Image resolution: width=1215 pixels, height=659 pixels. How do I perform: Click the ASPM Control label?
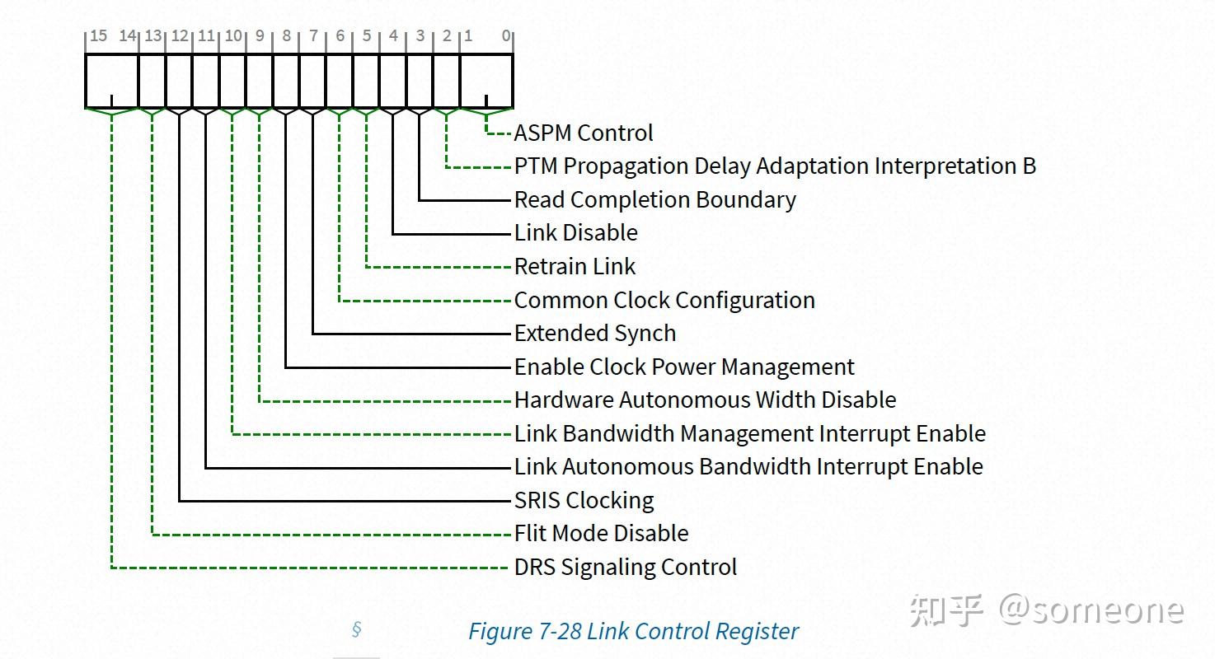tap(584, 133)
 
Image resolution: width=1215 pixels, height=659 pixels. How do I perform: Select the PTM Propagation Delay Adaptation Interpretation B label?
tap(775, 166)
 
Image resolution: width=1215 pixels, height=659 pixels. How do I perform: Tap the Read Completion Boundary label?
tap(655, 200)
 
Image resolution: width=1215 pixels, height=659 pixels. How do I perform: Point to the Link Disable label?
tap(576, 233)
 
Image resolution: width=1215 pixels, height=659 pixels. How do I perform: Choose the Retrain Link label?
tap(575, 267)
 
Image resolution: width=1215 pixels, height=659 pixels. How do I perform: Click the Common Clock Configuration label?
tap(664, 300)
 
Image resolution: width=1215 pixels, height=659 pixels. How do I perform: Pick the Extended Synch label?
tap(595, 334)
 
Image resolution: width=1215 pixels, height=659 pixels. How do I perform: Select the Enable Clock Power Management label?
tap(684, 367)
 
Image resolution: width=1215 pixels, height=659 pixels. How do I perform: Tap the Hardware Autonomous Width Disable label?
tap(705, 400)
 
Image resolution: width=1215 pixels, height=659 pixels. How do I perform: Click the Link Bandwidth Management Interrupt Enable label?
tap(750, 433)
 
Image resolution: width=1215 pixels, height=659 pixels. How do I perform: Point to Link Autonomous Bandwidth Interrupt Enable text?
tap(748, 467)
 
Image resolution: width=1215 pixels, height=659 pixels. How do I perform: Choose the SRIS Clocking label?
tap(584, 500)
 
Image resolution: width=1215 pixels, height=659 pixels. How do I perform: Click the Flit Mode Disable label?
tap(602, 534)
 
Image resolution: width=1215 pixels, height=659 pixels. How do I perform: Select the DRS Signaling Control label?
tap(626, 568)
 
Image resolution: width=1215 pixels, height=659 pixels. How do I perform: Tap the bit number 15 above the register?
tap(98, 36)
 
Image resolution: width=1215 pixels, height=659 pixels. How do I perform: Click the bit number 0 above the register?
tap(506, 36)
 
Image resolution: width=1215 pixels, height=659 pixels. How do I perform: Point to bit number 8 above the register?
tap(286, 36)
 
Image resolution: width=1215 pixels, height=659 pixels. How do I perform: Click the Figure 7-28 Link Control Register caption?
tap(633, 632)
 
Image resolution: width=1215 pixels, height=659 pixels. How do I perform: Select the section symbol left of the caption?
tap(356, 630)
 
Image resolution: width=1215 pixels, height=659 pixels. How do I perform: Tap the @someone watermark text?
tap(1091, 610)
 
